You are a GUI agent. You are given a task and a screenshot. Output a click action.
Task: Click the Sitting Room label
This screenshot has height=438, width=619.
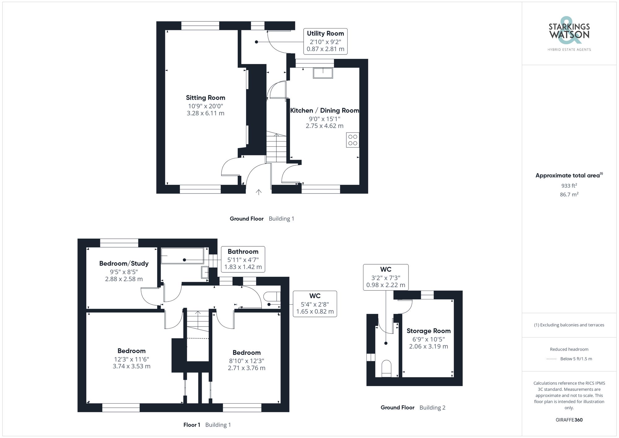206,98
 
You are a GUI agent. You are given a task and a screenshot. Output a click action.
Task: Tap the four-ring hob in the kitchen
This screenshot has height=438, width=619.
353,140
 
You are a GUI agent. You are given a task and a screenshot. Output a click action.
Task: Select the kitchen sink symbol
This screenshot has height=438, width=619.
323,73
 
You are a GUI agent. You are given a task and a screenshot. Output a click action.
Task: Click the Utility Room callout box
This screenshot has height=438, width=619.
325,41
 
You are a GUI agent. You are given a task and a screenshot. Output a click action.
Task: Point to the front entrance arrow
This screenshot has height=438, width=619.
259,192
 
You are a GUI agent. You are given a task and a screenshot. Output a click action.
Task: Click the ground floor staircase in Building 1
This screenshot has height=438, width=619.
276,148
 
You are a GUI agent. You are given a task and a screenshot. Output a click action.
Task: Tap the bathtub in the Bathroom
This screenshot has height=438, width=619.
182,256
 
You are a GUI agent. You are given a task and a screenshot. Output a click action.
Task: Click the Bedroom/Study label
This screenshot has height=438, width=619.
124,263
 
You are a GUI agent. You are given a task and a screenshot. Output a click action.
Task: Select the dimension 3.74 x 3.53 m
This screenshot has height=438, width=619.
132,366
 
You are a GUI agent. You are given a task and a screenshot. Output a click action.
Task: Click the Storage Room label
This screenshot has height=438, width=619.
428,331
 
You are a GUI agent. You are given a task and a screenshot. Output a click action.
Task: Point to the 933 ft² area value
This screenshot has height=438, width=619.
569,186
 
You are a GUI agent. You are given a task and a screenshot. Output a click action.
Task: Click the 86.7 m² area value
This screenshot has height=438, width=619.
569,194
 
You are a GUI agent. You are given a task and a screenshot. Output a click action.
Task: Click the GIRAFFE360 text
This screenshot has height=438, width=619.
569,420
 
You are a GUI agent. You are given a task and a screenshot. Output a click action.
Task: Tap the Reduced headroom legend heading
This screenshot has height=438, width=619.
569,349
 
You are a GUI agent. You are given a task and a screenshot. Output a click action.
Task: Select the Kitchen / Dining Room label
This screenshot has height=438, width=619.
324,111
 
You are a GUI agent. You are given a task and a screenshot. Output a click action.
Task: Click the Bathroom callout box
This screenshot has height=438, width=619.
243,259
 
